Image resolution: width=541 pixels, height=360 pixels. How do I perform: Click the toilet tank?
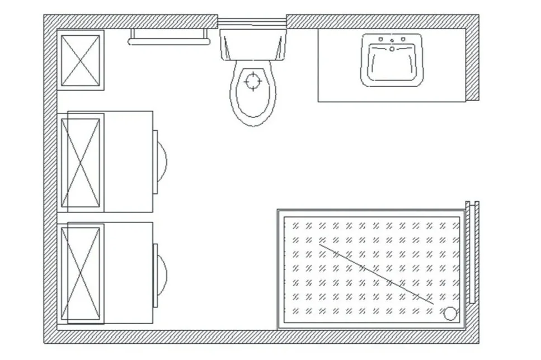(x=253, y=45)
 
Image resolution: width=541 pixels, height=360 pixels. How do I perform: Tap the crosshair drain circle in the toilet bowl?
(x=253, y=82)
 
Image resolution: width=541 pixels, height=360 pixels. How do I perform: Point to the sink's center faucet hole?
(x=392, y=49)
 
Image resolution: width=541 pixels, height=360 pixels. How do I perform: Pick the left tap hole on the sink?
(x=380, y=40)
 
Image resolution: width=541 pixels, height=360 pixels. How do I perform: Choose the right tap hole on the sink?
(x=403, y=40)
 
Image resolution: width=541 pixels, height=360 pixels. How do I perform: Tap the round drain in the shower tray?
(x=450, y=314)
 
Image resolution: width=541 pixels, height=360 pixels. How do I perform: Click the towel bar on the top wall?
(x=169, y=41)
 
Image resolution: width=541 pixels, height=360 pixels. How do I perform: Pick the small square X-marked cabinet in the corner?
(x=80, y=60)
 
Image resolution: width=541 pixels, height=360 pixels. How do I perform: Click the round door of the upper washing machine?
(x=163, y=162)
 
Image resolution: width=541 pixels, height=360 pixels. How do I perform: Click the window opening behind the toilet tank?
(x=252, y=23)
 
